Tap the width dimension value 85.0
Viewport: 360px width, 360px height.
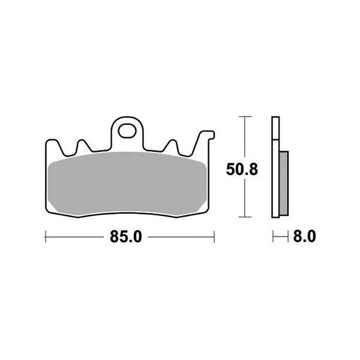pos(125,237)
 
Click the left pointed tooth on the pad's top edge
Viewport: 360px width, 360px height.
pos(82,144)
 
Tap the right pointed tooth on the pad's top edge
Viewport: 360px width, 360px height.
pos(172,144)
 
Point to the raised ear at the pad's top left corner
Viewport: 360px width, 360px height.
pos(51,144)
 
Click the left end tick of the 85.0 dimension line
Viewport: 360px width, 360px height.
pos(46,237)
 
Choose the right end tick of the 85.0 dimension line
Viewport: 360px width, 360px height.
pos(214,237)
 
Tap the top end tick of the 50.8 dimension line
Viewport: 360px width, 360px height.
pos(243,116)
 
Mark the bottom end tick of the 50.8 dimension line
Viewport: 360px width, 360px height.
pos(243,216)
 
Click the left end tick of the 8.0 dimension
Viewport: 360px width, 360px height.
pos(273,237)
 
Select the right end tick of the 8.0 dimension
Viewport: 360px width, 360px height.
pos(289,237)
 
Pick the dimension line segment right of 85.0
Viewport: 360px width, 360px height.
pos(180,237)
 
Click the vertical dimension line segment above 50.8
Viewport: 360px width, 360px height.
pos(243,138)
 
